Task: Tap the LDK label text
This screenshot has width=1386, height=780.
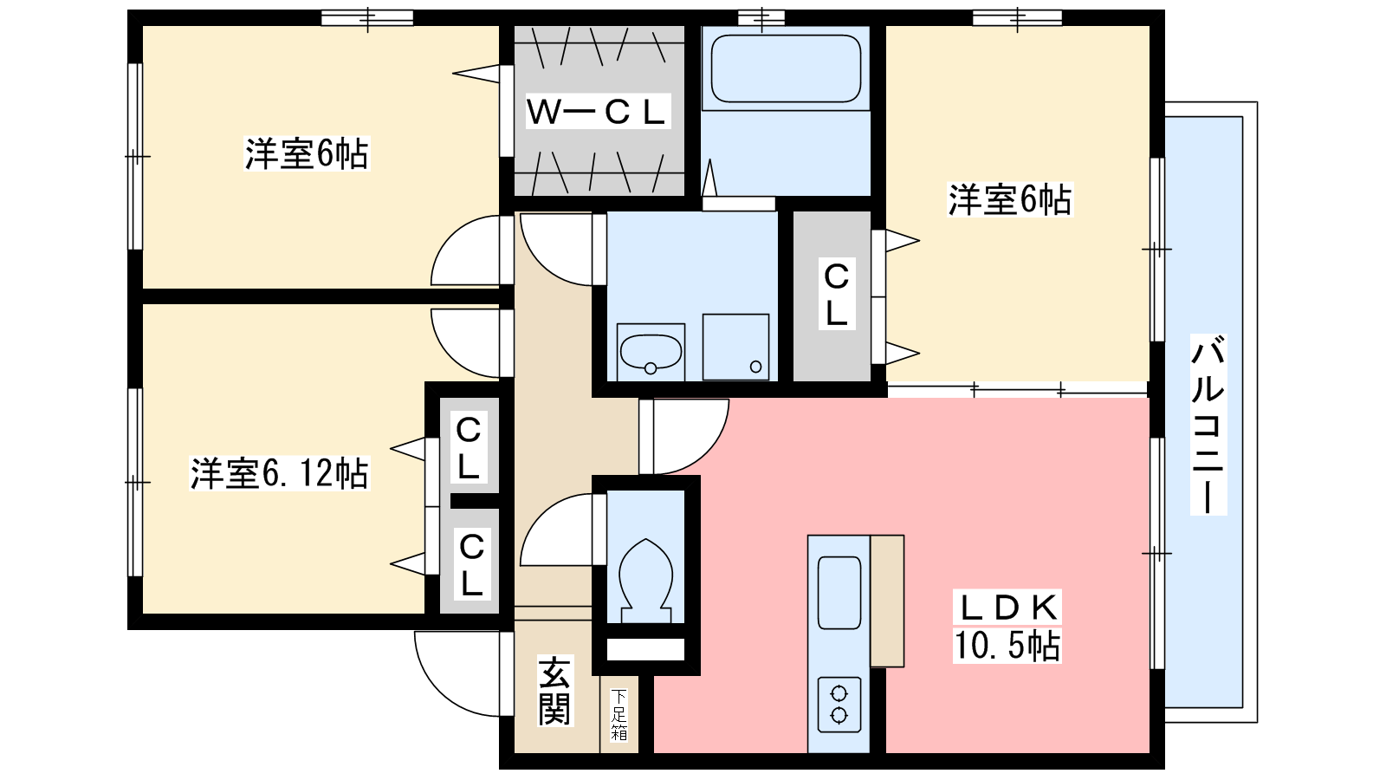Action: [x=1008, y=608]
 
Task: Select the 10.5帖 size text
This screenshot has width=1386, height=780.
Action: [x=1007, y=645]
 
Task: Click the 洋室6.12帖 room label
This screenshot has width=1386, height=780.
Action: [x=279, y=473]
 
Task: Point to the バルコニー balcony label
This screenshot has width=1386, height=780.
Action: [x=1208, y=425]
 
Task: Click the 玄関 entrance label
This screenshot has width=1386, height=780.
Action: [x=554, y=690]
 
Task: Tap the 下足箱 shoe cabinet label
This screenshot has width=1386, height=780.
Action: [x=619, y=714]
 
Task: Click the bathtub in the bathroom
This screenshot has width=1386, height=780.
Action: [x=786, y=68]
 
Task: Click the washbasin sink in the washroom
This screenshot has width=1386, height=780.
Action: [x=651, y=352]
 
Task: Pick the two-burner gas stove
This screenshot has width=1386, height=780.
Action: [x=839, y=705]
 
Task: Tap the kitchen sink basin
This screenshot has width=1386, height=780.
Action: [x=839, y=593]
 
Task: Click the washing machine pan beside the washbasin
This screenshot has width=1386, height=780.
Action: [x=735, y=348]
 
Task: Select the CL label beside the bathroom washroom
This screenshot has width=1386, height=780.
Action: [x=837, y=295]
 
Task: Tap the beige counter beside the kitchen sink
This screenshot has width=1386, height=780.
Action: [x=887, y=601]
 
